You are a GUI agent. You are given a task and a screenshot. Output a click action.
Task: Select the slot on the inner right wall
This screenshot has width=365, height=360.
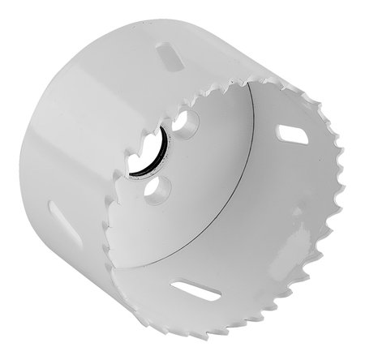[292, 133]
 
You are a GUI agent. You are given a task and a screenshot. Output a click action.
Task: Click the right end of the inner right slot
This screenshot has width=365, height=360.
[303, 139]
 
